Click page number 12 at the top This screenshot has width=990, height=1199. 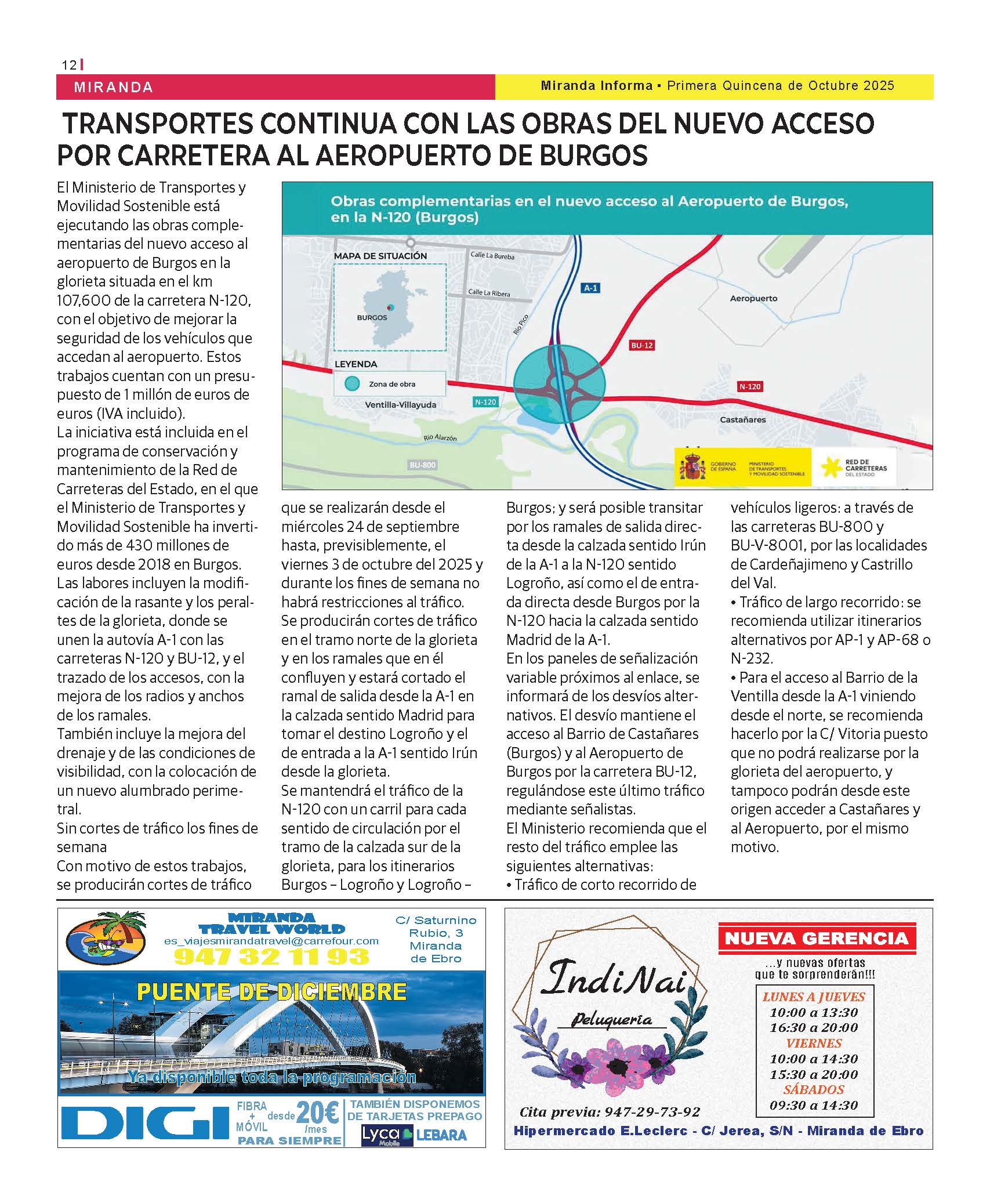pos(68,66)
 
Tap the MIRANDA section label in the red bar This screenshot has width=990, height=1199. pos(114,88)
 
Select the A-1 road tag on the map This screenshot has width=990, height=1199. pos(590,288)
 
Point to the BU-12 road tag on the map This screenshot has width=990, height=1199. pos(642,346)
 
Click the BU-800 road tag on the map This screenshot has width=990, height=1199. pos(422,465)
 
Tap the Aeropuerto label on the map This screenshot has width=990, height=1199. pos(753,298)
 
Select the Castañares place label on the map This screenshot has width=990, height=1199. pos(743,419)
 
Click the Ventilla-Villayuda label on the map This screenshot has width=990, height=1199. pos(401,405)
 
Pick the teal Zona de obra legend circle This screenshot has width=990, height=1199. pos(351,383)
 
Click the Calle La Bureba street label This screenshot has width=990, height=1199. pos(492,255)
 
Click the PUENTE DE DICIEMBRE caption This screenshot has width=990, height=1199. pos(271,992)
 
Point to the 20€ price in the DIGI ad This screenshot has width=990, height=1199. pos(317,1113)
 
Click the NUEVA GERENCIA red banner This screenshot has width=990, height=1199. pos(817,938)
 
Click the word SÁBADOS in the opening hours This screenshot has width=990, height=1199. pos(814,1089)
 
